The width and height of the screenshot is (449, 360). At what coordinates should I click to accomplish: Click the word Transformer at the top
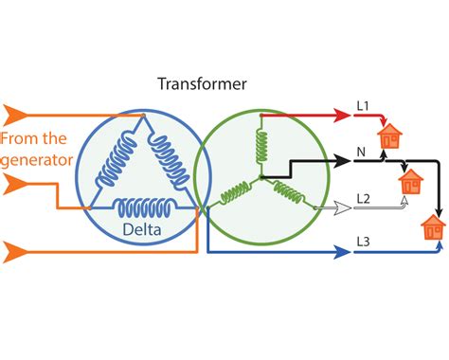click(x=202, y=84)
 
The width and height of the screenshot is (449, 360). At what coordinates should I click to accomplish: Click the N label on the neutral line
click(x=361, y=152)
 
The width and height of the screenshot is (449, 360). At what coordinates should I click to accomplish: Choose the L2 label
click(x=363, y=198)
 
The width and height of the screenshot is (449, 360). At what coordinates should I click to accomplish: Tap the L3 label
click(x=363, y=243)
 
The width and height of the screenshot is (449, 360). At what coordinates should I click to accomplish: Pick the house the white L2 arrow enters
click(x=411, y=182)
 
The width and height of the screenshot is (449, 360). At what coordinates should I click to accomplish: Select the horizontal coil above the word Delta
click(x=141, y=207)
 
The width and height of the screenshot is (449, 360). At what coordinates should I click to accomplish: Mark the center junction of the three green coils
click(x=260, y=177)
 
